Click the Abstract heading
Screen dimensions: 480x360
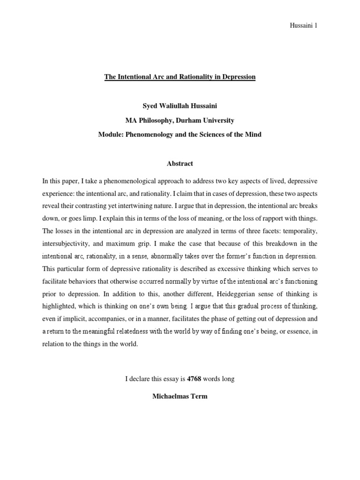[x=180, y=164]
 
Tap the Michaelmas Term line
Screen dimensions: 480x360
[x=180, y=396]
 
